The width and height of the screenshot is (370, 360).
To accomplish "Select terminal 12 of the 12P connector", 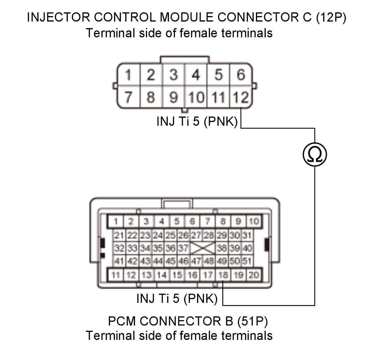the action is [240, 97].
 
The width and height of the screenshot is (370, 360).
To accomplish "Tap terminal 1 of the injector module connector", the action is [129, 74].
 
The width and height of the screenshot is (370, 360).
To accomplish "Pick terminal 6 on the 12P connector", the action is [241, 74].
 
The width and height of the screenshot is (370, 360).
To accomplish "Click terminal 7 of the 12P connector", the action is [129, 97].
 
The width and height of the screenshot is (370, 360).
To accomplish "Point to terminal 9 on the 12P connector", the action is [173, 97].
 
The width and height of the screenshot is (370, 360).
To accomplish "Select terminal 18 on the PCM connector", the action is [223, 275].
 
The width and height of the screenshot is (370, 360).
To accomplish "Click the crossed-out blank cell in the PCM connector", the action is [203, 248].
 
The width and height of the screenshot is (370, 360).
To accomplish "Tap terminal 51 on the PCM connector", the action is [247, 261].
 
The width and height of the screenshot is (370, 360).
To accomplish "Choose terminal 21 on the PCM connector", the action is [119, 235].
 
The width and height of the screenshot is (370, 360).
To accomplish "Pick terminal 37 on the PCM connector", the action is [183, 248].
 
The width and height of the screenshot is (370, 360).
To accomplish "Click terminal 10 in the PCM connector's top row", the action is [254, 221].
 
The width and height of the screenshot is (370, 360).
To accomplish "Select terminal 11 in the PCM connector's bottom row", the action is [116, 275].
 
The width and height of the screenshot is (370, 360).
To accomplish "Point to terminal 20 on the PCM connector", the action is [254, 275].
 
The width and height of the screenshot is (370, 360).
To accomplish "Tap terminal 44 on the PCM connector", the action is [158, 261].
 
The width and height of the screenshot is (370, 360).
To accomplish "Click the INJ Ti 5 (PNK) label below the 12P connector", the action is [197, 121].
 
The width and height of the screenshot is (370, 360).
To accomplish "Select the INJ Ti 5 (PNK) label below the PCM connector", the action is [177, 298].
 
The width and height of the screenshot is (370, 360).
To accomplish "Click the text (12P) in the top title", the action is [331, 17].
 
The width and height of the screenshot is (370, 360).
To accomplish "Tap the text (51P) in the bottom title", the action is [253, 321].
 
